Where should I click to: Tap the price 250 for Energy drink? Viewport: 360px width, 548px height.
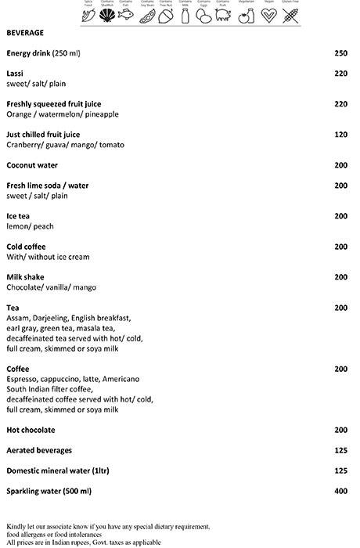point(340,53)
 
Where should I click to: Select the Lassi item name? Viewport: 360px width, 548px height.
point(15,74)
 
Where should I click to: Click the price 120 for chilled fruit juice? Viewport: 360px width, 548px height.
point(340,135)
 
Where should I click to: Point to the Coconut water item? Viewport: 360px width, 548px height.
point(32,165)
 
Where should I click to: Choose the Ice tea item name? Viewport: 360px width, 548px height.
point(18,216)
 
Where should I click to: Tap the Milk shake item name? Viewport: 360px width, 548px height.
point(25,277)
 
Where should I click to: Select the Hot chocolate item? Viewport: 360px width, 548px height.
point(31,430)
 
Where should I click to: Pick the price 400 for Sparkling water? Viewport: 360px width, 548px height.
point(340,491)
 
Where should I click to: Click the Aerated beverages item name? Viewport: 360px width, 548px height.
point(39,450)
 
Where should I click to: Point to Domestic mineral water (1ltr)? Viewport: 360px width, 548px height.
point(56,470)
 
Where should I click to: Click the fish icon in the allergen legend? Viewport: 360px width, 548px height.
point(127,16)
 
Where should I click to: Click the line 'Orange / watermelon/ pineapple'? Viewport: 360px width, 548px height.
point(63,114)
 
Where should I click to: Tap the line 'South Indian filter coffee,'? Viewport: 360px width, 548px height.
point(49,389)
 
